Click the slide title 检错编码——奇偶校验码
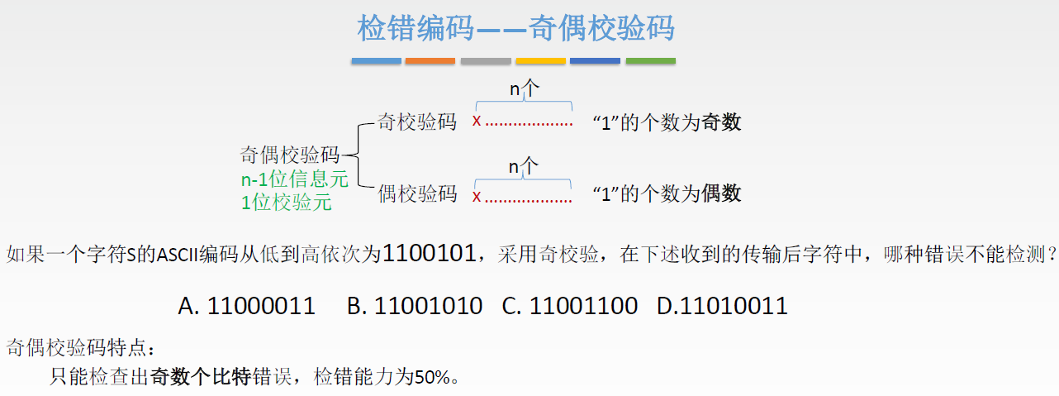pos(515,28)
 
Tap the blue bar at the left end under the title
pos(376,61)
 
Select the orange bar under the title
pos(430,61)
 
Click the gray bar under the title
pos(486,61)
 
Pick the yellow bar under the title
pos(540,61)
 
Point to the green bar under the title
pos(650,61)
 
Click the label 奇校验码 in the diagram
pos(416,122)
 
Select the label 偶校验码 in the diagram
pos(416,194)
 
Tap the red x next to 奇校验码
pos(477,122)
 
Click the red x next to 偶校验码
pos(477,197)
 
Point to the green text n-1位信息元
pos(294,179)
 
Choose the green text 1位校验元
pos(286,202)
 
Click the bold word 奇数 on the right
pos(721,123)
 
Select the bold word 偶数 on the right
pos(721,194)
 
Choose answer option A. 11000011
pos(247,307)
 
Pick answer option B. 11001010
pos(415,307)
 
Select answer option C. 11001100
pos(570,307)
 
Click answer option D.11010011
pos(722,307)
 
